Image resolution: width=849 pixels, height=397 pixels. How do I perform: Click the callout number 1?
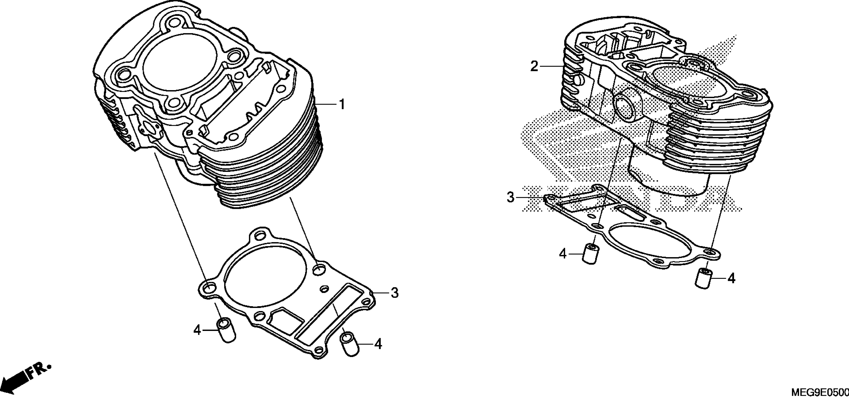(x=342, y=105)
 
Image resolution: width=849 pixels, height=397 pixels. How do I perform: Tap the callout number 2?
(x=534, y=67)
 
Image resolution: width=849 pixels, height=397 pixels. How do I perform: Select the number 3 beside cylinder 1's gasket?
(x=395, y=293)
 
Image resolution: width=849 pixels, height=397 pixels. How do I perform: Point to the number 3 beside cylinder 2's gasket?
(x=510, y=197)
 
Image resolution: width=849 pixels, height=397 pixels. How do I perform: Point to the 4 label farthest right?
(x=731, y=279)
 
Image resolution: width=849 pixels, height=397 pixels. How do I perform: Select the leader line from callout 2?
(x=552, y=67)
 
